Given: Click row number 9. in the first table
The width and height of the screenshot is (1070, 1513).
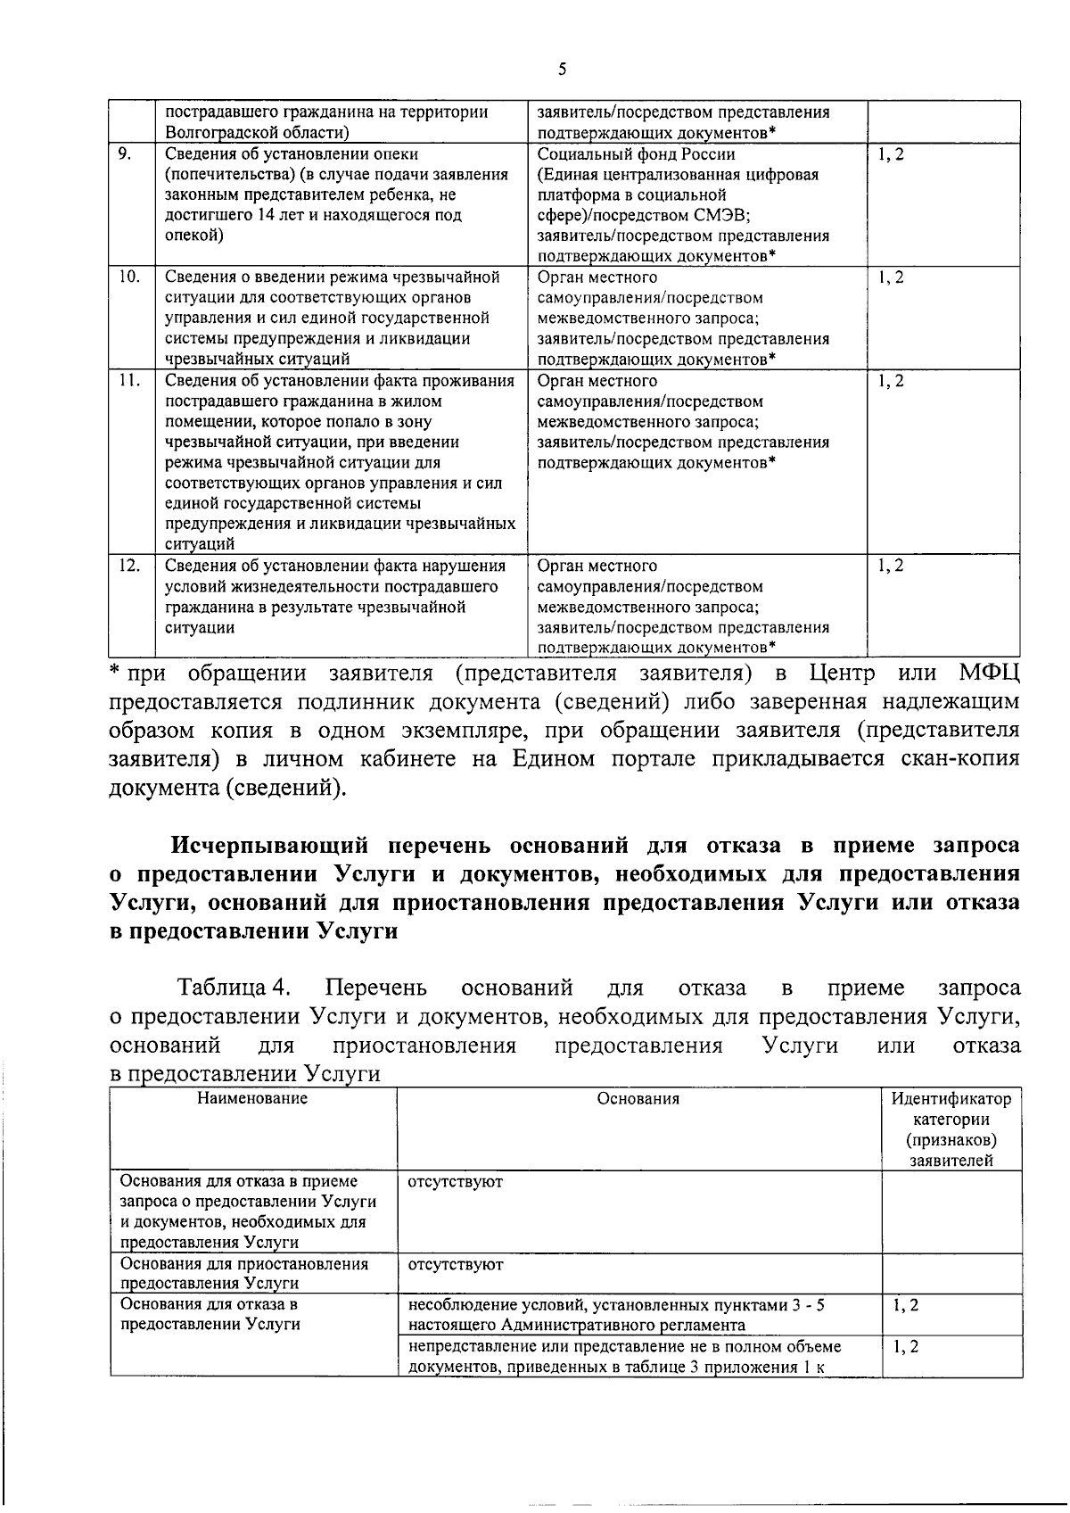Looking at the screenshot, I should (125, 153).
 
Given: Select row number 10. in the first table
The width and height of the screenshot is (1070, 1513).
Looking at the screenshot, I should (128, 277).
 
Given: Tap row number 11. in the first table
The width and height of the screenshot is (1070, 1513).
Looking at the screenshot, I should (128, 380).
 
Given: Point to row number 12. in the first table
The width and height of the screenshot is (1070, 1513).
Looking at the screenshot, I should (128, 566).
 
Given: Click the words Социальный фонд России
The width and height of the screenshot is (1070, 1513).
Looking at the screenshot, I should (636, 153).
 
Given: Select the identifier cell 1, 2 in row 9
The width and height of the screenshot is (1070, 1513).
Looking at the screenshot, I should (890, 154).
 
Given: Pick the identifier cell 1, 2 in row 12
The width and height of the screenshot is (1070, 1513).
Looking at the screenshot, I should (890, 566).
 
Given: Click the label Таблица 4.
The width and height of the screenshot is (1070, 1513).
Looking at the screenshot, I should (235, 988).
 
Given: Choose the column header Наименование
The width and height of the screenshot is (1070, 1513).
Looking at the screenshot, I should (252, 1098).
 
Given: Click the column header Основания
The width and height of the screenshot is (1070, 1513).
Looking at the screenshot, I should (638, 1099).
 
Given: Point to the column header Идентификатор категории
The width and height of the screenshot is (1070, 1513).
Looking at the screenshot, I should (951, 1109).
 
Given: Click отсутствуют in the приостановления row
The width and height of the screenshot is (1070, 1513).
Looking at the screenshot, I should (455, 1265).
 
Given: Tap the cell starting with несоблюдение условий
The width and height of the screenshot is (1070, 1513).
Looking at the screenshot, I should (615, 1314).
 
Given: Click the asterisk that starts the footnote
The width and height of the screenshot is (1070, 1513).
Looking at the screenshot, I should (114, 670).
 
